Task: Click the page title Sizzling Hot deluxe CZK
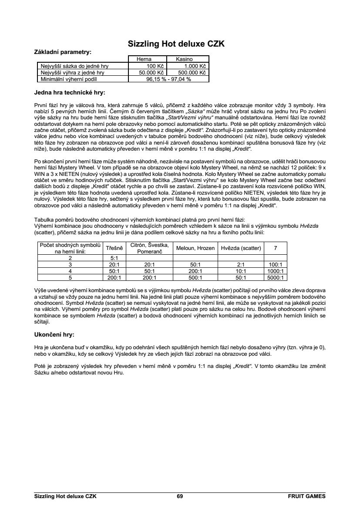pos(176,44)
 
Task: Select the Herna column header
pos(144,59)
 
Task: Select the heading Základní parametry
pos(63,52)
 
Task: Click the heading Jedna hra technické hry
pos(69,92)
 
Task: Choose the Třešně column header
pos(114,248)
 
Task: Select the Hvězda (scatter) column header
pos(241,248)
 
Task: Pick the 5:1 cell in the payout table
pos(114,258)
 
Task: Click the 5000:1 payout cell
pos(276,277)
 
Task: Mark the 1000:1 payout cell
pos(276,270)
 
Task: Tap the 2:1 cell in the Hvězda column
pos(241,264)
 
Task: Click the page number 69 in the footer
pos(180,496)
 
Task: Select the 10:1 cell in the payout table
pos(241,270)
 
